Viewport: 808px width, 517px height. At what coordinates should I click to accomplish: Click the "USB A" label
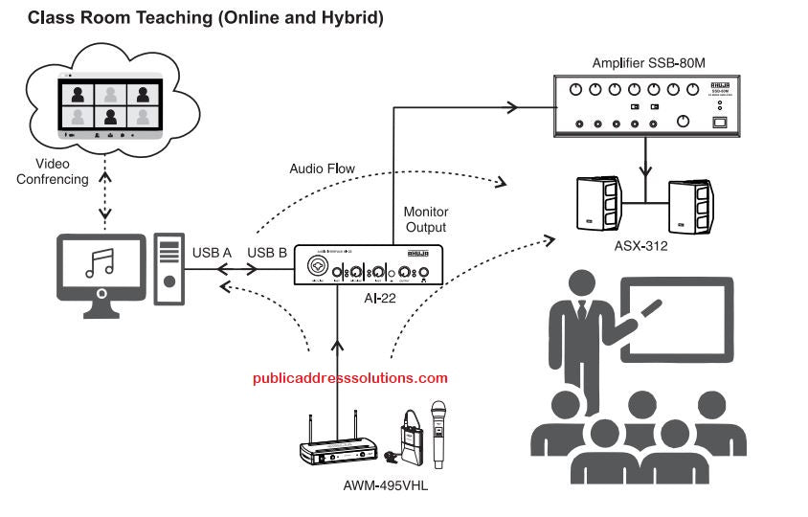[213, 253]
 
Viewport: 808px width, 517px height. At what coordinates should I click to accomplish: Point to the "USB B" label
[267, 253]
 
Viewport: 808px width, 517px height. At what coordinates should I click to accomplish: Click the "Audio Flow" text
[322, 169]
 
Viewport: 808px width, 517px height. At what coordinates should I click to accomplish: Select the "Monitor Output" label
[426, 218]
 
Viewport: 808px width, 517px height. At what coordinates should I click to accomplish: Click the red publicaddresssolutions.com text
[350, 378]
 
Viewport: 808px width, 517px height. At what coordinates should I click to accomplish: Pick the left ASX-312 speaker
[598, 202]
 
